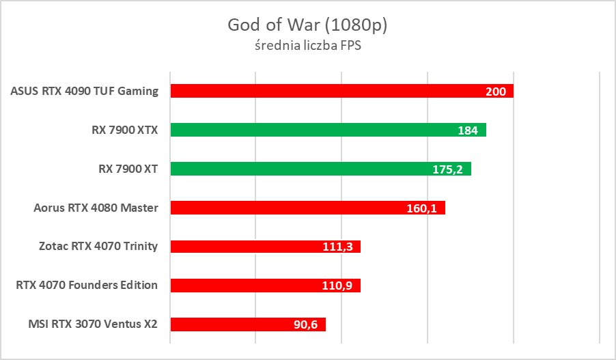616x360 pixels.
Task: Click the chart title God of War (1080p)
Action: click(307, 25)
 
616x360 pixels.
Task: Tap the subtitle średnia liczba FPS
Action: click(307, 47)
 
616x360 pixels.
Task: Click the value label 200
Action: click(495, 92)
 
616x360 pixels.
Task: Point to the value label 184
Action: click(468, 130)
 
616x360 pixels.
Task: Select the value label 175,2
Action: click(448, 169)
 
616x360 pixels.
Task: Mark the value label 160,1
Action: click(422, 208)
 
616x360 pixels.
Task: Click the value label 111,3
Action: click(337, 247)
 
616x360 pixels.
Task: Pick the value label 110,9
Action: click(337, 286)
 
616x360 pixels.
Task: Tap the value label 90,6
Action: click(306, 325)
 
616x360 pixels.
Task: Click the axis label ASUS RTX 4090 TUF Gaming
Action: click(85, 91)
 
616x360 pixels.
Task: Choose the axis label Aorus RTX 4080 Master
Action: click(96, 208)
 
